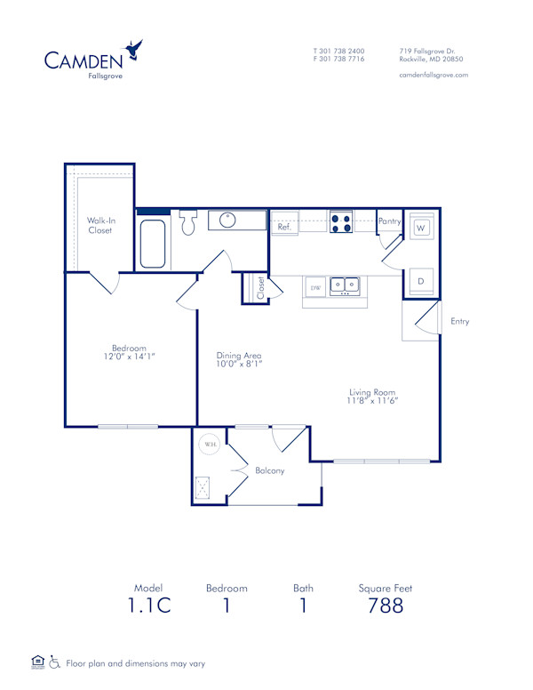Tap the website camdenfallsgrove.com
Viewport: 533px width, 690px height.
434,75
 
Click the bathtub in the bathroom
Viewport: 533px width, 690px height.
153,243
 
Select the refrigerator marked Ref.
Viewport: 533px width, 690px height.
284,227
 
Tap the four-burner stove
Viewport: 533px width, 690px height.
341,221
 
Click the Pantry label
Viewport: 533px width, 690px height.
389,221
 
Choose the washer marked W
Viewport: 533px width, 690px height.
421,228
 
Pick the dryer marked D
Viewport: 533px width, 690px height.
421,282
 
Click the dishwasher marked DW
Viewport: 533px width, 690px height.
314,287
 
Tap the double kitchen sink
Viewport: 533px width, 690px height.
344,285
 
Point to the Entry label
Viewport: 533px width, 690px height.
459,321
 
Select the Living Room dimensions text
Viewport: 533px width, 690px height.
371,401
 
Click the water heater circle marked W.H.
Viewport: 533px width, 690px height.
211,444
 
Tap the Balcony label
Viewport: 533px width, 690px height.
269,470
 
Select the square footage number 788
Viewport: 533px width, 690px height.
385,606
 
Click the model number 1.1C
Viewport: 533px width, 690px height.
147,606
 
